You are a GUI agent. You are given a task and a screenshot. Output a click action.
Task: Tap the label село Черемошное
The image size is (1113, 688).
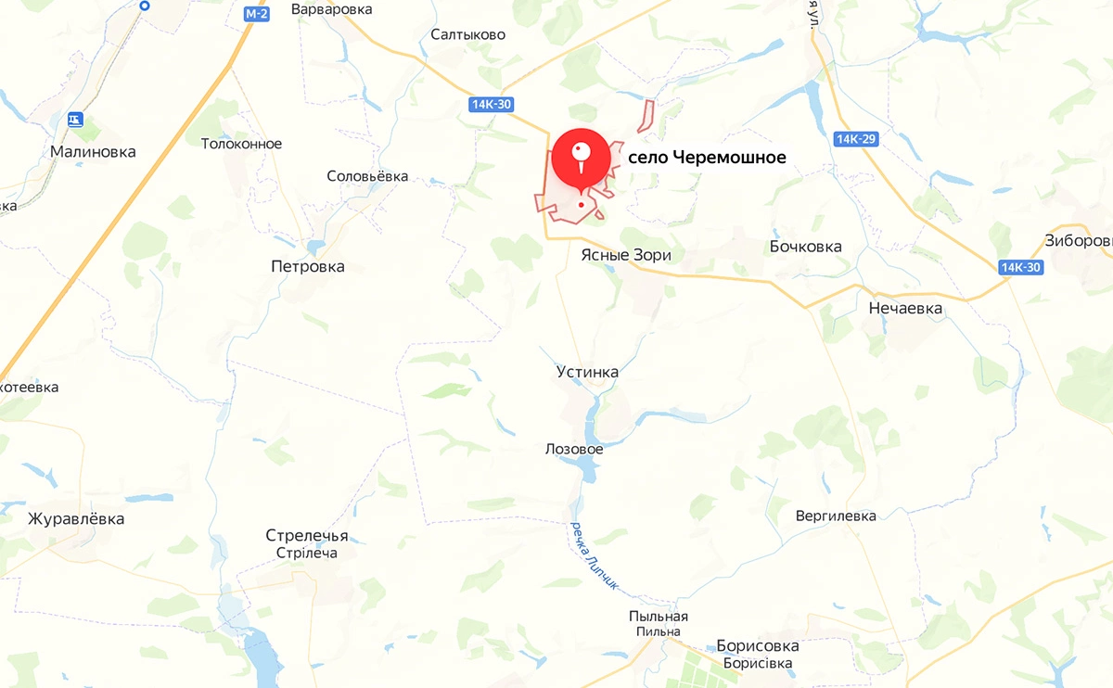pos(707,158)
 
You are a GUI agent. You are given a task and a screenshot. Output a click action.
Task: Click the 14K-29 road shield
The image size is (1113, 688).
pos(856,139)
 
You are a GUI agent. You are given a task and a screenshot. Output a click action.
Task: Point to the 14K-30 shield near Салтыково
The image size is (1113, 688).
pos(491,105)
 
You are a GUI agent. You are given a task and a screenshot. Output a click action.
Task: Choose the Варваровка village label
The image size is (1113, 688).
pos(331,9)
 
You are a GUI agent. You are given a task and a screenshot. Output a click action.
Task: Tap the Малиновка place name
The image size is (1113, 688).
pos(93,152)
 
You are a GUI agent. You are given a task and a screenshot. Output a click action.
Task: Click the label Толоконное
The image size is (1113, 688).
pos(241,144)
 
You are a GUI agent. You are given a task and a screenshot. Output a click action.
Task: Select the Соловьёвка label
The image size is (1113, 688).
pos(367,176)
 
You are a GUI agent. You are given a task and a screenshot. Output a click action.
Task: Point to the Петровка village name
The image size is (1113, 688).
pos(307,266)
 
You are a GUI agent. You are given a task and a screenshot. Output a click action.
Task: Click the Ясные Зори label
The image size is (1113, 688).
pos(625,255)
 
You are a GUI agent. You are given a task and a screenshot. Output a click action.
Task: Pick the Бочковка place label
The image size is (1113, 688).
pos(805,246)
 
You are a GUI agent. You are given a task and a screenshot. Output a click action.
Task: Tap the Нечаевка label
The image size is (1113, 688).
pos(905,308)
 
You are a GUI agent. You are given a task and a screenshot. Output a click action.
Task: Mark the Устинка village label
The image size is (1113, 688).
pos(587,372)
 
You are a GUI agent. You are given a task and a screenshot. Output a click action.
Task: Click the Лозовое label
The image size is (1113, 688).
pos(574,449)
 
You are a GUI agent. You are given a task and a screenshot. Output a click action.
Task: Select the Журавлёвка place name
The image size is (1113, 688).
pos(76,518)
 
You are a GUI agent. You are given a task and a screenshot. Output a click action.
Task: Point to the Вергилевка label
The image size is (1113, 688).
pos(836,516)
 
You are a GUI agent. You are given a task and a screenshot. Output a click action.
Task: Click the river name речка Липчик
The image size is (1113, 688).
pos(594,556)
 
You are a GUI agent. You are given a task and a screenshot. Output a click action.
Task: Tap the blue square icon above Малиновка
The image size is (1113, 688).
pos(76,120)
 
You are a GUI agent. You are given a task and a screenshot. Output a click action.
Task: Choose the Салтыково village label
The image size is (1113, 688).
pos(467,34)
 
